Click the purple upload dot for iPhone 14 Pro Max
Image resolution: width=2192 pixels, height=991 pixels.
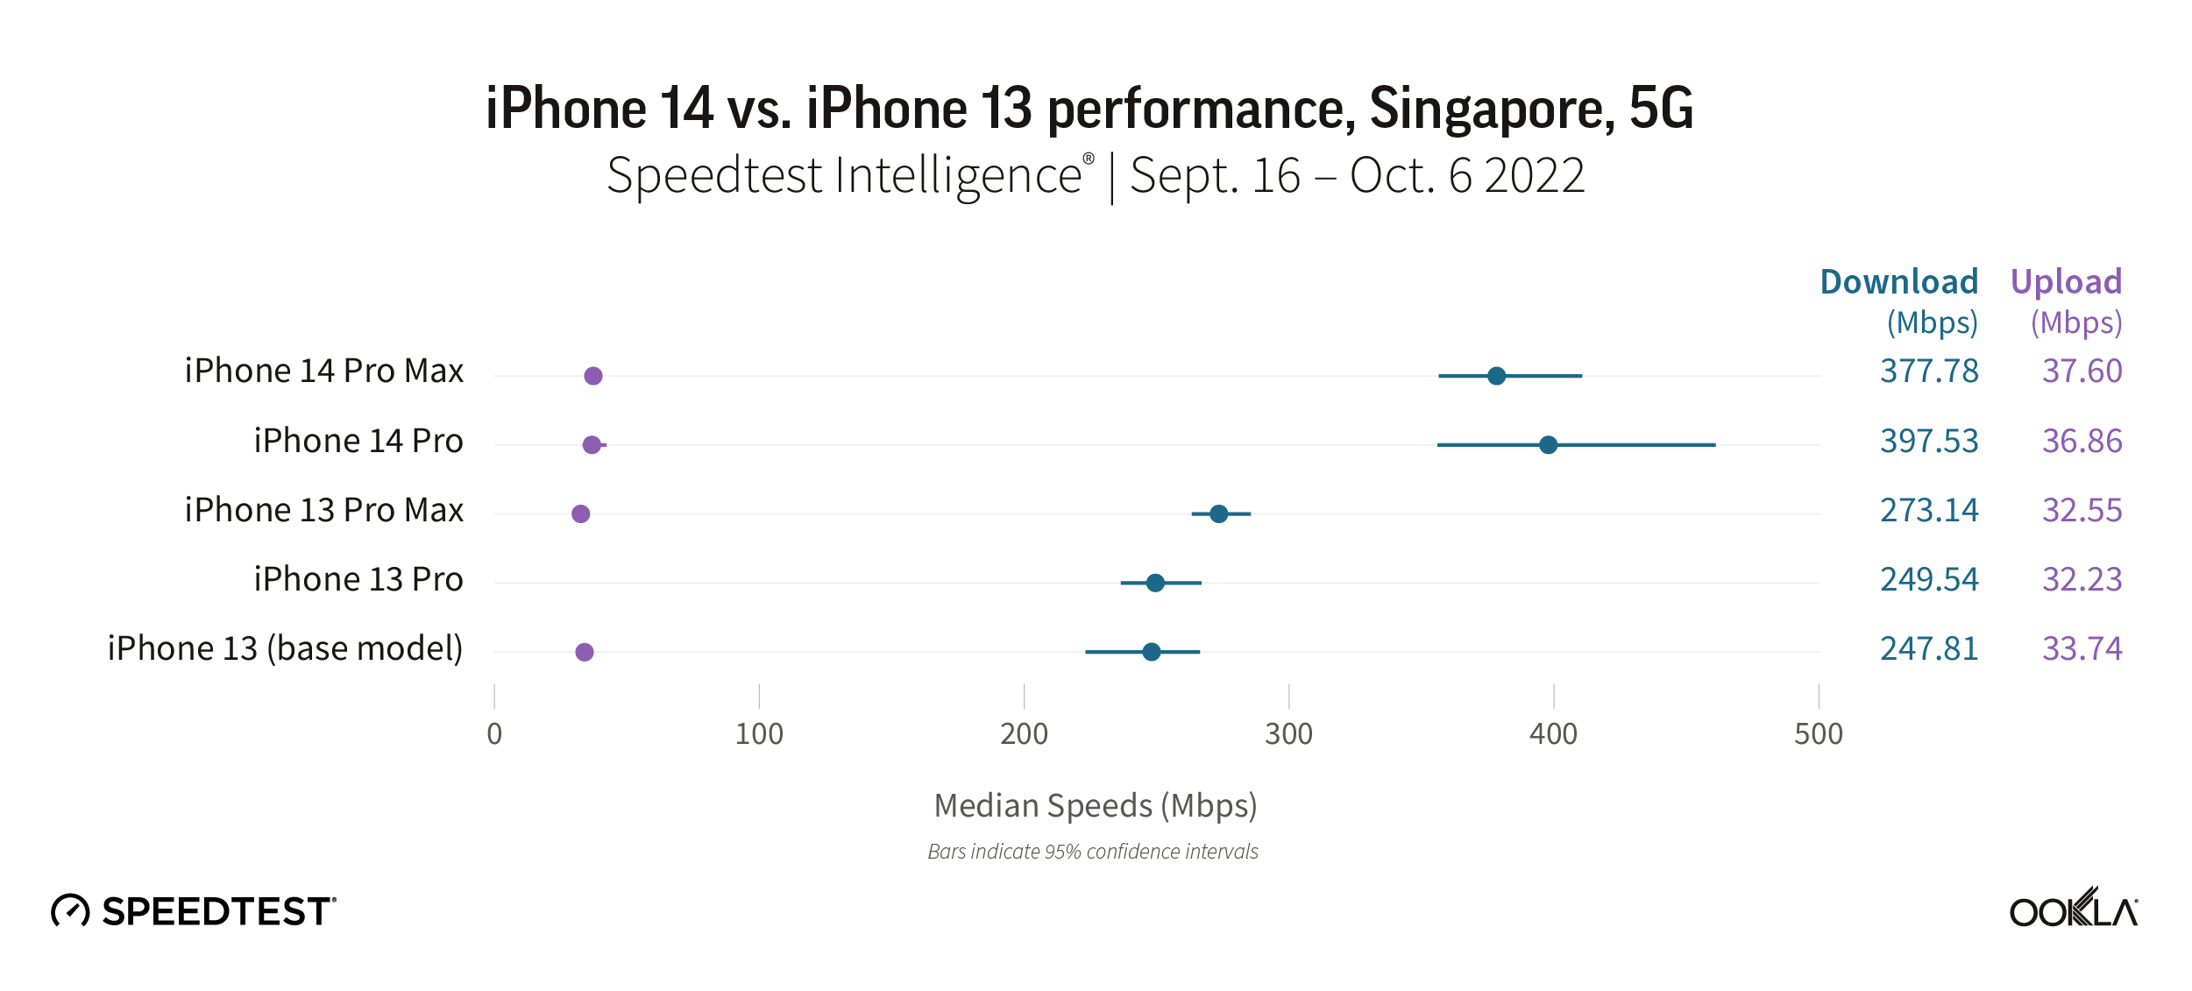coord(593,376)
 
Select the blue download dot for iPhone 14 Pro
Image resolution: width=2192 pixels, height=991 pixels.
coord(1548,445)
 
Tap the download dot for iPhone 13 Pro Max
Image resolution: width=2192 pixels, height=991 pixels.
coord(1218,514)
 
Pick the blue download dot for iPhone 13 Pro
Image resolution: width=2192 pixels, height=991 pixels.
coord(1155,584)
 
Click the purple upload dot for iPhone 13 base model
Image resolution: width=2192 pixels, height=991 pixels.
coord(585,652)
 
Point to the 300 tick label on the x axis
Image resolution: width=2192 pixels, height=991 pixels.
coord(1288,734)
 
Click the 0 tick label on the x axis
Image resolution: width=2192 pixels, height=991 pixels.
coord(494,734)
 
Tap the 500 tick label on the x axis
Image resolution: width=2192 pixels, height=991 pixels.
coord(1818,734)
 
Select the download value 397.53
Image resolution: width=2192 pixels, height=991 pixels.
coord(1929,442)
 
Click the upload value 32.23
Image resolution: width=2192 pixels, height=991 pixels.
coord(2082,580)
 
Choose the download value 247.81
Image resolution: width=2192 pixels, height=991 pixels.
coord(1929,649)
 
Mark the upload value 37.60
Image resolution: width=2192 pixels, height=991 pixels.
coord(2082,372)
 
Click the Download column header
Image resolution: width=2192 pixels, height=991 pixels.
coord(1898,282)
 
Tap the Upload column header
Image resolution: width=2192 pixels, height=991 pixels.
coord(2066,282)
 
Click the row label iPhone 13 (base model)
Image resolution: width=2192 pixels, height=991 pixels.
coord(285,649)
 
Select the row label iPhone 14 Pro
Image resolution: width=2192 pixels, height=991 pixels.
coord(358,442)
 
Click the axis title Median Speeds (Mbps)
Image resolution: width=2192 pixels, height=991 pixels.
coord(1096,806)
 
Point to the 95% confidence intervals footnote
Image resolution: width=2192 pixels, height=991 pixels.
coord(1093,852)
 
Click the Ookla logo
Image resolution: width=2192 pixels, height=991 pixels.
coord(2073,909)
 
